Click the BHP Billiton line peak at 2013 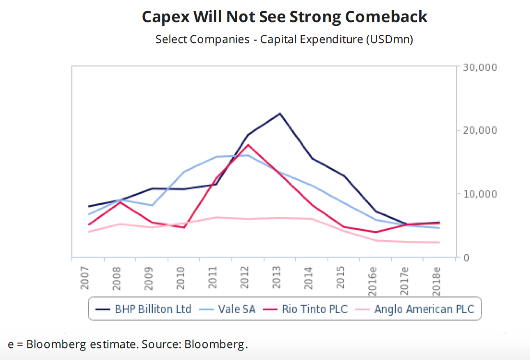pyautogui.click(x=280, y=113)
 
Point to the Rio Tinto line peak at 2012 pyautogui.click(x=248, y=144)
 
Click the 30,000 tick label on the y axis pyautogui.click(x=480, y=67)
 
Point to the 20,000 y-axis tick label pyautogui.click(x=480, y=131)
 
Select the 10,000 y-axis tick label pyautogui.click(x=480, y=194)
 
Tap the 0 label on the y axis pyautogui.click(x=467, y=257)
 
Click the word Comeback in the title pyautogui.click(x=386, y=17)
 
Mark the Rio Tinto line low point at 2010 pyautogui.click(x=184, y=227)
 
